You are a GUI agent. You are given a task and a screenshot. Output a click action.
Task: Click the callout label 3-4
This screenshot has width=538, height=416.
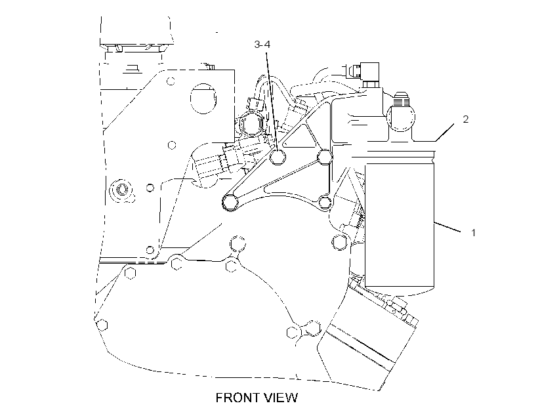click(262, 44)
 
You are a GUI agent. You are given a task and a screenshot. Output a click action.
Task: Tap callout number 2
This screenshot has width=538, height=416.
click(465, 119)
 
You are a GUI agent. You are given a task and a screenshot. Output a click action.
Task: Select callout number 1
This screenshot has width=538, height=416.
click(474, 233)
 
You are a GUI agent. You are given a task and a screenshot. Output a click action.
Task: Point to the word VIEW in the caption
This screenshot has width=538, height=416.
click(281, 398)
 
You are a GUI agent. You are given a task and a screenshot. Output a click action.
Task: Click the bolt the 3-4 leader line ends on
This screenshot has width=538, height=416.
click(278, 157)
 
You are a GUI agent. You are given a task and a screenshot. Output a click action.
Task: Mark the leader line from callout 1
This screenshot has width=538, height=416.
click(447, 227)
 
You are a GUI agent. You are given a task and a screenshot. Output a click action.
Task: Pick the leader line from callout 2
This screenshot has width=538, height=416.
click(445, 132)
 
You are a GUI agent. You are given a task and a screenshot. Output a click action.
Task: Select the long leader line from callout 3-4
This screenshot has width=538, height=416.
click(272, 102)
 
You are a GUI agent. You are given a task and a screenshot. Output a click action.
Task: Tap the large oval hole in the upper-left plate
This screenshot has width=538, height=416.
click(203, 98)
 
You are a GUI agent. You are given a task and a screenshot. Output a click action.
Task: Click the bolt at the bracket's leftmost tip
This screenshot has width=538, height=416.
click(230, 202)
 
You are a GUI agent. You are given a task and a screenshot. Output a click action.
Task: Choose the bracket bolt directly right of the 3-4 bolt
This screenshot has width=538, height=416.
click(324, 157)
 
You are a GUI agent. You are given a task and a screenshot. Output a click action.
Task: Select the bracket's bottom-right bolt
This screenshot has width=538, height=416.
click(325, 202)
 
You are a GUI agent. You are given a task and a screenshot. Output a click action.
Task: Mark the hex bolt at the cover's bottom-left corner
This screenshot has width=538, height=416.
click(102, 324)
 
